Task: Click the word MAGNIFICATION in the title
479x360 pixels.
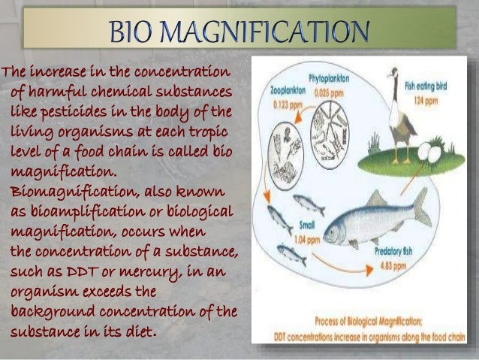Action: click(282, 32)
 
